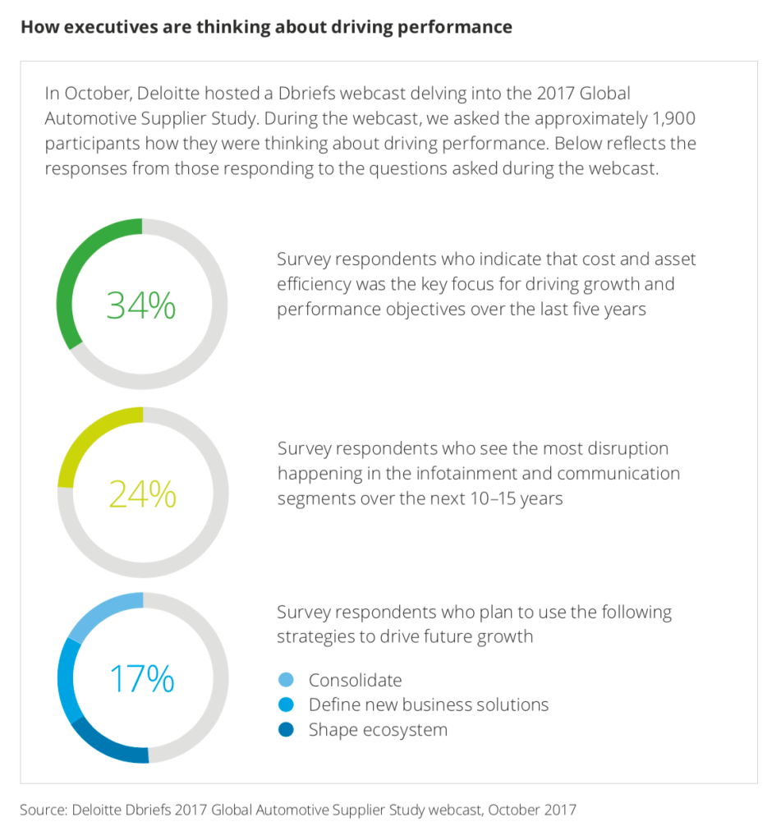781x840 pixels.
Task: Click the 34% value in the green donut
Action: [x=141, y=305]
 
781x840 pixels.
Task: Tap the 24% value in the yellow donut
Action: [x=142, y=494]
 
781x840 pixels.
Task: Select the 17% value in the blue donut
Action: [x=142, y=679]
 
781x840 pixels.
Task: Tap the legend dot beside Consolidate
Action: [x=287, y=680]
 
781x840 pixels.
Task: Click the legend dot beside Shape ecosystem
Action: [x=287, y=730]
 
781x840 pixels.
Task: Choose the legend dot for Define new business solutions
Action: [x=287, y=705]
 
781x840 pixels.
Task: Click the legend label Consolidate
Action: [x=356, y=680]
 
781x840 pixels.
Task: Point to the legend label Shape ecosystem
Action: [x=378, y=730]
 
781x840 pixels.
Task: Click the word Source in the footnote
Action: [x=41, y=810]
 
